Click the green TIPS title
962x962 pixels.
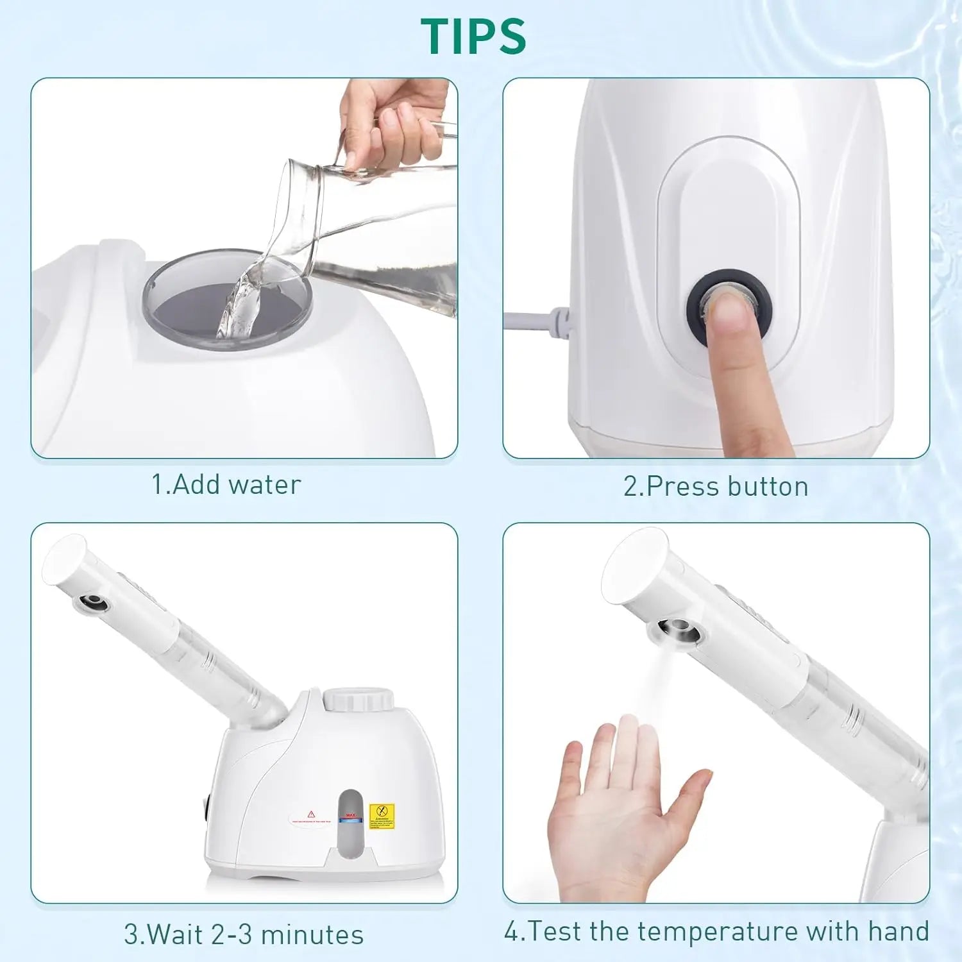pos(473,36)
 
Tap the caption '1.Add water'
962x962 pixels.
pos(226,485)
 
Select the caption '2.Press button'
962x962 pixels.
pos(716,487)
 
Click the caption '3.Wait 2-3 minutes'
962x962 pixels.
pos(244,934)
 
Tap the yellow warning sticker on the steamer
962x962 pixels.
pos(382,815)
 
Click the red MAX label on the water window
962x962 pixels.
pos(350,816)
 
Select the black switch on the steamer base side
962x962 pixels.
pos(207,808)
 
